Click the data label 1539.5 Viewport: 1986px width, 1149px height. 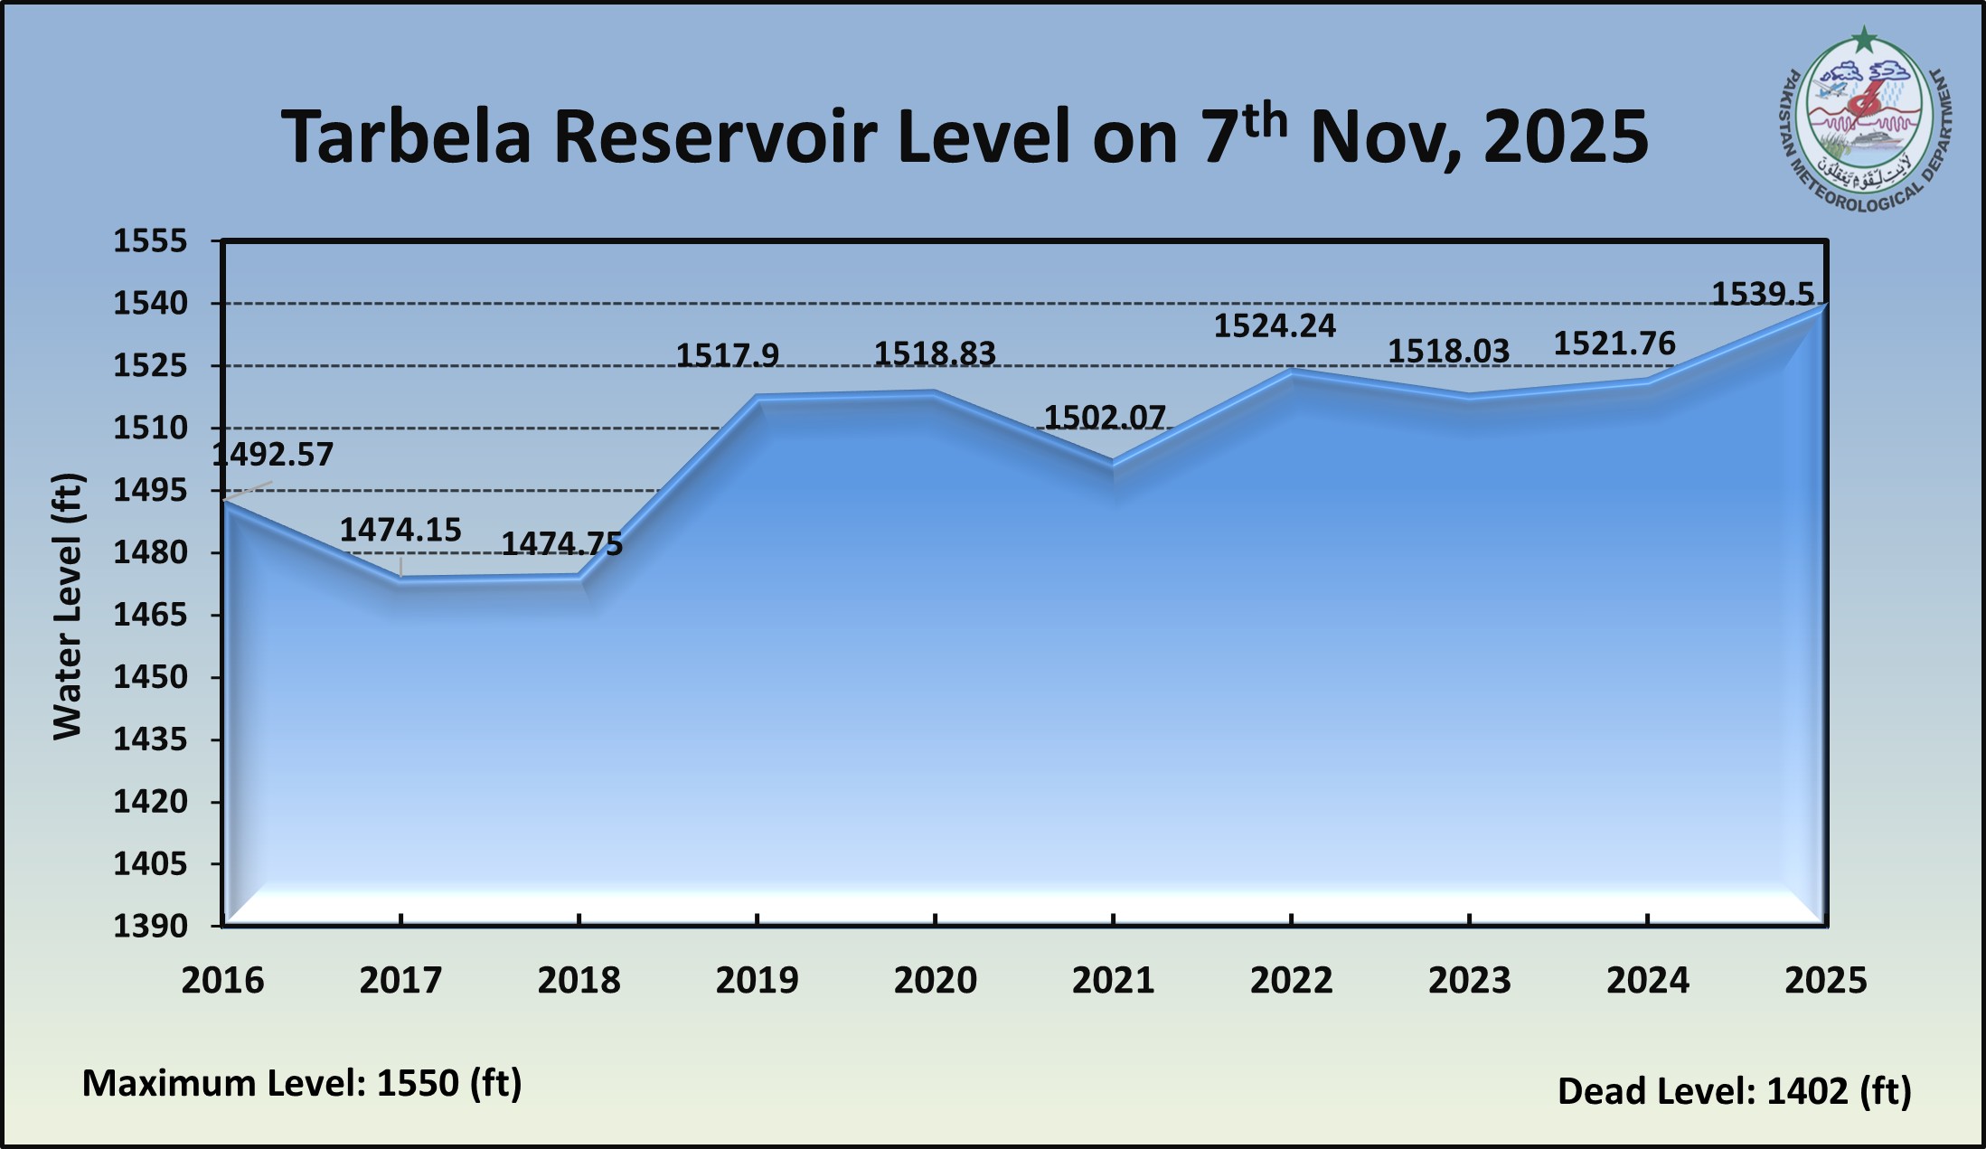click(1762, 295)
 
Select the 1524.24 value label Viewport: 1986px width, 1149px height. click(1274, 325)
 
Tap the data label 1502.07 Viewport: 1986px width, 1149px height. click(1105, 417)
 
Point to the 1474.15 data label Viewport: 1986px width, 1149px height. click(400, 530)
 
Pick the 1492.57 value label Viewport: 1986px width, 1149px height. click(273, 454)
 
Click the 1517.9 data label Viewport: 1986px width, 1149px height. click(728, 355)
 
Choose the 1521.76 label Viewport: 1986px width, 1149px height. click(1614, 344)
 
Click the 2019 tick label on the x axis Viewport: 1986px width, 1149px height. click(757, 981)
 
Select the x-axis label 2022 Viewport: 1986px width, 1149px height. click(1291, 981)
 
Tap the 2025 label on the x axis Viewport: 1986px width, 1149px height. click(1825, 981)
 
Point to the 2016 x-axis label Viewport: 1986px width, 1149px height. click(222, 981)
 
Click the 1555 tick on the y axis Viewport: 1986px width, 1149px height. click(150, 241)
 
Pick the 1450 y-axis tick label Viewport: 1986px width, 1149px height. click(150, 677)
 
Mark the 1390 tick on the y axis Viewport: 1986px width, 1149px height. click(150, 927)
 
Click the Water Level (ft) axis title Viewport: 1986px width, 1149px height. click(68, 606)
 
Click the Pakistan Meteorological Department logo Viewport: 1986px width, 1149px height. click(1864, 127)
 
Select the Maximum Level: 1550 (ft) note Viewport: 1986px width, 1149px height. click(302, 1083)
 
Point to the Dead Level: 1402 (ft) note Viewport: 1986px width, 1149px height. click(1734, 1091)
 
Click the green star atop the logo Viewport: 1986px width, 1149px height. click(1864, 40)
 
